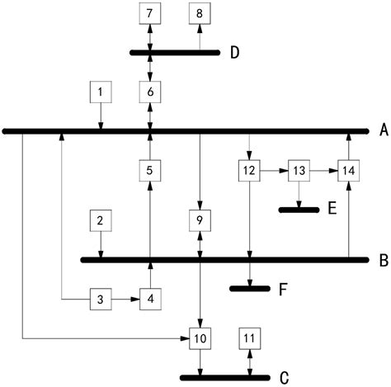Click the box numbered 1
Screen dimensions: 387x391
[x=100, y=91]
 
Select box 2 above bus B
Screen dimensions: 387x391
[x=100, y=220]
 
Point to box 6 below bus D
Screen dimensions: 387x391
[x=149, y=91]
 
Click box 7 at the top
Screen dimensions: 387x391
[x=149, y=13]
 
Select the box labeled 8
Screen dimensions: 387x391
[x=199, y=13]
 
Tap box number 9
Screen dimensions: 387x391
[x=200, y=220]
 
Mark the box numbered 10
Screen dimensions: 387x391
[x=200, y=338]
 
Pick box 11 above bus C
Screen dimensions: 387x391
[x=250, y=338]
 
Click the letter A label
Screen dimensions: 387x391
[x=383, y=130]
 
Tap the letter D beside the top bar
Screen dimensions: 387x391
[x=234, y=54]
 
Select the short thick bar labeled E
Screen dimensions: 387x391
[x=299, y=210]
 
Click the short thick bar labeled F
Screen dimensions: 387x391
[x=249, y=288]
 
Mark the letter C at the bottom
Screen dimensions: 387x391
[x=284, y=378]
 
